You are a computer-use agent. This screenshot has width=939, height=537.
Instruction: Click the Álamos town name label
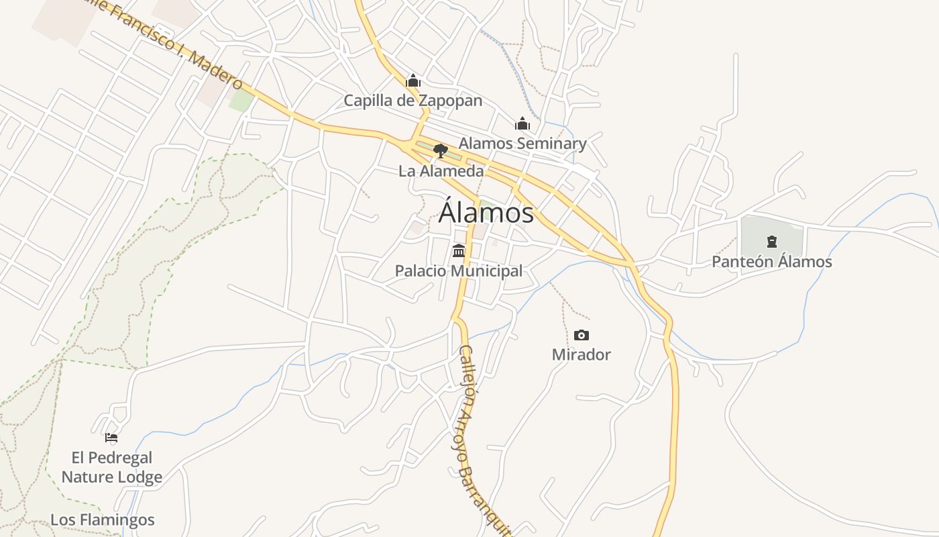click(486, 213)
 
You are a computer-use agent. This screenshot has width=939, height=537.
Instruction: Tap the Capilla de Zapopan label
click(412, 101)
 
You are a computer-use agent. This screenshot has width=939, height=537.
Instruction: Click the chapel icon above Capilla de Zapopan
click(412, 81)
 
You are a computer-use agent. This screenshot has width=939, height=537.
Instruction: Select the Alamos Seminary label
click(522, 143)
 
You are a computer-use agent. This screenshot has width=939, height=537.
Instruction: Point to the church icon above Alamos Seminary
click(522, 124)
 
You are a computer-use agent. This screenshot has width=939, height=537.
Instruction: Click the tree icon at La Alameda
click(441, 150)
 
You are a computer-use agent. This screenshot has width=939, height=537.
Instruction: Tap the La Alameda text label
click(441, 171)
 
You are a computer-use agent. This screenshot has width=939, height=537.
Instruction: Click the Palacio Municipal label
click(458, 271)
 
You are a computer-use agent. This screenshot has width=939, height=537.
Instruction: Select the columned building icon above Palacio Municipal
click(459, 251)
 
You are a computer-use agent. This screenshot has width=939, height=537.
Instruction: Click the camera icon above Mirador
click(582, 335)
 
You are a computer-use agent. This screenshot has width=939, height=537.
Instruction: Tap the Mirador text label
click(582, 354)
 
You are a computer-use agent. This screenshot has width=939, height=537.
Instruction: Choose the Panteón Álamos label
click(771, 262)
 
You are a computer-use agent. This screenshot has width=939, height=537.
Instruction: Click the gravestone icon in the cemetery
click(772, 242)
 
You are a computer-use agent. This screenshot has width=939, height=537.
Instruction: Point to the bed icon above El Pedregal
click(111, 438)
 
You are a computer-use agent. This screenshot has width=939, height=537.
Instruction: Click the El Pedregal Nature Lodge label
click(112, 467)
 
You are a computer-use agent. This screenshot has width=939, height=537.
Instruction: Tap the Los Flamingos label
click(103, 520)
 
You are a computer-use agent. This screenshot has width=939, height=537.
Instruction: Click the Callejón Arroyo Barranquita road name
click(483, 436)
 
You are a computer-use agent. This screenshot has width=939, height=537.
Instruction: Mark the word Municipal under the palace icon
click(490, 271)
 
